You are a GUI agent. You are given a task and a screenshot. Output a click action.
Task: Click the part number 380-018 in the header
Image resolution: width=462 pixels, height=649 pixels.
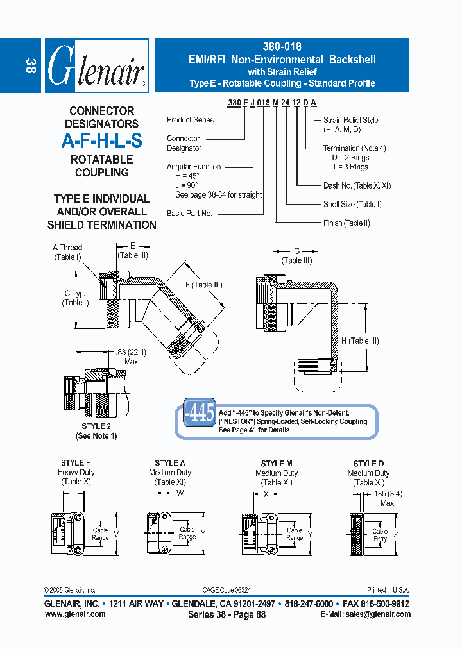coord(282,47)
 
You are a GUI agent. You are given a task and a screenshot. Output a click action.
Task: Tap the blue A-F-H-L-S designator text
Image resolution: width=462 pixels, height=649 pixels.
coord(101,141)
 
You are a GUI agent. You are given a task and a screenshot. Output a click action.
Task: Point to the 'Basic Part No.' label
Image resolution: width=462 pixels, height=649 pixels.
coord(189,214)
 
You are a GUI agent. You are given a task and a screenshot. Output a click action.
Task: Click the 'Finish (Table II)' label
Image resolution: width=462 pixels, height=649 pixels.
coord(346,223)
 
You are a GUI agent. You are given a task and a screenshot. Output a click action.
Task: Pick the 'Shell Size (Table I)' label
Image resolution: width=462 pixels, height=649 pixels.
coord(352,204)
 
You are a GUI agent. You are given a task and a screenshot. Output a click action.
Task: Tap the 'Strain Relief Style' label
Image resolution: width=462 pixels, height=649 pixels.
coord(350,120)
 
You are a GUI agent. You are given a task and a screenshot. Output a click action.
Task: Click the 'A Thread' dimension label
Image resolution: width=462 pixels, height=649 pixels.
coord(67,248)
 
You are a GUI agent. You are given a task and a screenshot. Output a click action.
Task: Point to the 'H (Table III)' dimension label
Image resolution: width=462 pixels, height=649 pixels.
coord(361,341)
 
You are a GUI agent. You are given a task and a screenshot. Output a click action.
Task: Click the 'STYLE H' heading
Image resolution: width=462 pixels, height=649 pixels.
coord(76,463)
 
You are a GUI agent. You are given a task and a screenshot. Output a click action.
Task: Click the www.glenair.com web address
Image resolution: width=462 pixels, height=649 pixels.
coord(75,614)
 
